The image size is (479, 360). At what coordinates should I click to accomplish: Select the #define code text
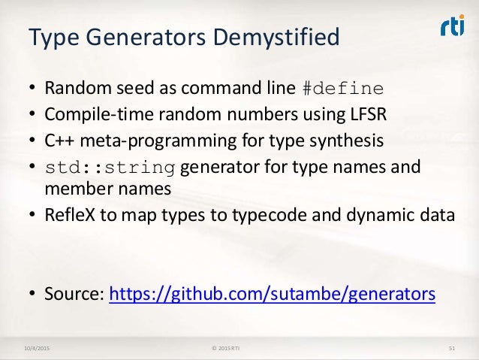[x=342, y=88]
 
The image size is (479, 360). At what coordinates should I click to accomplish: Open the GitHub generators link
[x=272, y=293]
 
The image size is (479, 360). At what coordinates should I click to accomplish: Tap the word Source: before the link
[x=75, y=293]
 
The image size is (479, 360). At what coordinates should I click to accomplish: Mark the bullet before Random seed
[x=33, y=88]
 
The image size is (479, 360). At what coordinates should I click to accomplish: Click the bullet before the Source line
[x=33, y=293]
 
